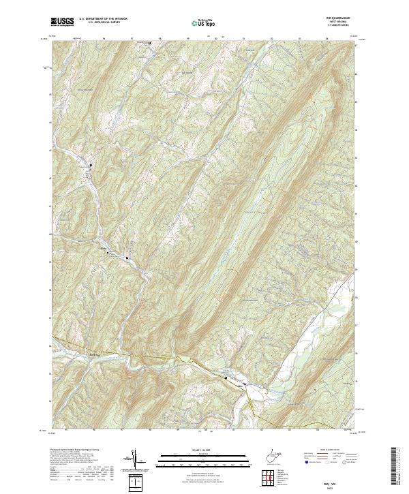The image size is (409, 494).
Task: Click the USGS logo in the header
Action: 62,22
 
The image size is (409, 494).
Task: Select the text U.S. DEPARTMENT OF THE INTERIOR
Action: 103,19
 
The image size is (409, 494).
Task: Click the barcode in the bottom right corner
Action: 395,466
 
